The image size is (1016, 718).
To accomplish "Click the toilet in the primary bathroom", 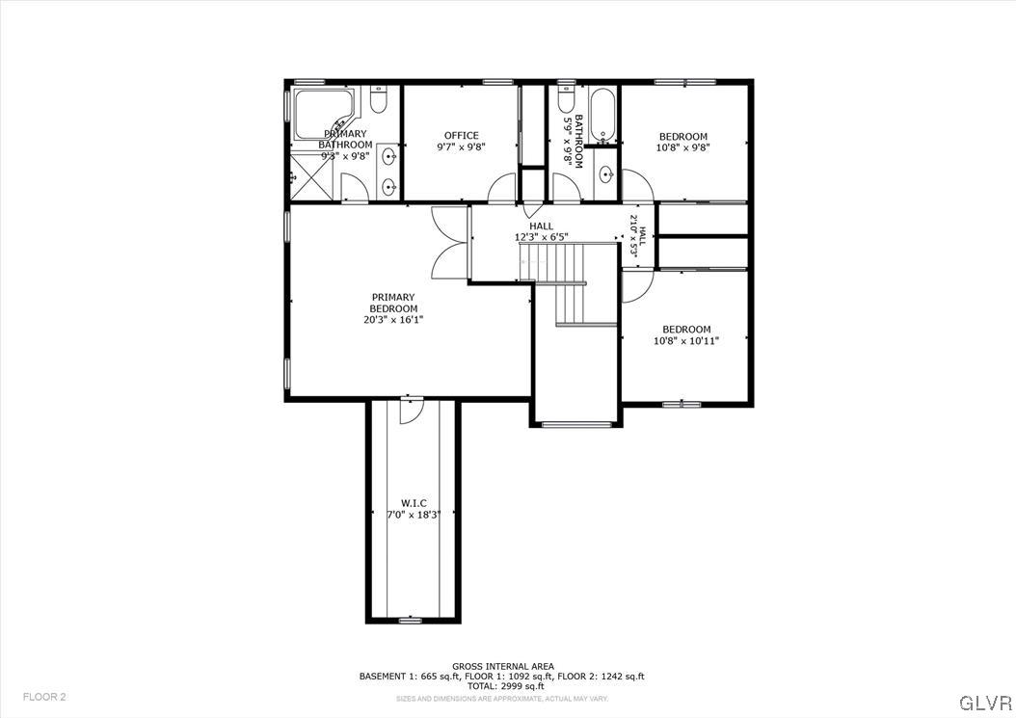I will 379,99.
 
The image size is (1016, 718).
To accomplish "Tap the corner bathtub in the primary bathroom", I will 322,114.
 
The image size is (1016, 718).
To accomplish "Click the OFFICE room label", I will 461,136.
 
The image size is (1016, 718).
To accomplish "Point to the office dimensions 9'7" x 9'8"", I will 461,147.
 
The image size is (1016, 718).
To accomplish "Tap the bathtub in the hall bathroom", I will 602,115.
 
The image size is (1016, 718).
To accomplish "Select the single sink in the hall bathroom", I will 605,174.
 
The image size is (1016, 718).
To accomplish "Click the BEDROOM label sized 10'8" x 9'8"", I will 682,137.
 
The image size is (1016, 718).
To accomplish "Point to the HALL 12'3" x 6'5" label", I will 541,231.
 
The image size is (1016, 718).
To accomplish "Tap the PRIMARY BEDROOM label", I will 393,303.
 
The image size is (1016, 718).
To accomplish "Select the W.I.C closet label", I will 414,503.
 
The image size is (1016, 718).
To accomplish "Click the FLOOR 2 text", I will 44,697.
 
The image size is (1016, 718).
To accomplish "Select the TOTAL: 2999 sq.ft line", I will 501,686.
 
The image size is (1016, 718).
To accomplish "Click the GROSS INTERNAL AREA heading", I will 501,666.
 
